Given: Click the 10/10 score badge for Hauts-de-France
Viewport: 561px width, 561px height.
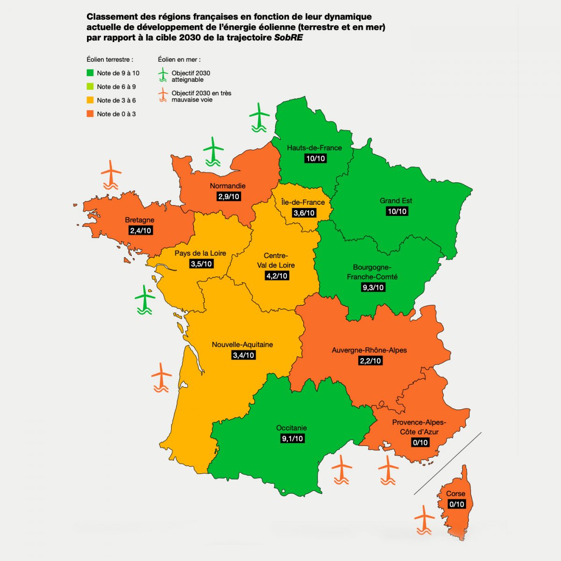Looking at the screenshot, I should [x=315, y=158].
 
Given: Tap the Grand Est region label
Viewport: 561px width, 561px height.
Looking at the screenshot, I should [x=396, y=201].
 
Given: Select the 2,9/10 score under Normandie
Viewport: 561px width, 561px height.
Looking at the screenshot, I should [x=229, y=196].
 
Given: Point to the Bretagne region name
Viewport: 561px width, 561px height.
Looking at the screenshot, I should [x=139, y=220].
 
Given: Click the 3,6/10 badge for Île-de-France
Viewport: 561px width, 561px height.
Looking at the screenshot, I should [x=304, y=213].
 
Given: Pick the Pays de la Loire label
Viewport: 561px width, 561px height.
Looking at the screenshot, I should [x=200, y=253].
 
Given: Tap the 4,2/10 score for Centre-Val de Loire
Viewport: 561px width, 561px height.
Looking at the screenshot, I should [x=277, y=276].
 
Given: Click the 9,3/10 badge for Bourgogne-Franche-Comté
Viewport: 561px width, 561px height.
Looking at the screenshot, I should [x=373, y=287].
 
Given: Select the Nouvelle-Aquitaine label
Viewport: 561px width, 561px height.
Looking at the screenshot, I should [x=242, y=345].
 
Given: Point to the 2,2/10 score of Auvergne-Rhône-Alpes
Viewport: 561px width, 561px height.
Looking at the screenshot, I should [x=370, y=360].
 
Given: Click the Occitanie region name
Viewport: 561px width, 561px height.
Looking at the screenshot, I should [x=291, y=428].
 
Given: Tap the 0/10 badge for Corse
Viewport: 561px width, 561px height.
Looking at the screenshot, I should [x=456, y=504].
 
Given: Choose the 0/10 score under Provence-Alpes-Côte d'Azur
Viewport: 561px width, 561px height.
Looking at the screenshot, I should [x=420, y=442].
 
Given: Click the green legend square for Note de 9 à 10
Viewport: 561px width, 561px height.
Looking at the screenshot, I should [x=90, y=73].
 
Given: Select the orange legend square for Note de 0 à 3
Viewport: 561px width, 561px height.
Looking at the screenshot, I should [x=90, y=114].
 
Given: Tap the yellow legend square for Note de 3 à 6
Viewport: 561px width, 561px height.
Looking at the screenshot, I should [x=90, y=100].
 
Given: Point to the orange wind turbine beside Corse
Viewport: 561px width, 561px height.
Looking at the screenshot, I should [x=424, y=519].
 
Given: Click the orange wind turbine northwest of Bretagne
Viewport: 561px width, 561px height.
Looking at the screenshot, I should [x=111, y=174].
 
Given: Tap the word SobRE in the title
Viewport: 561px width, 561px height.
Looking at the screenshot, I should [x=288, y=38].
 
